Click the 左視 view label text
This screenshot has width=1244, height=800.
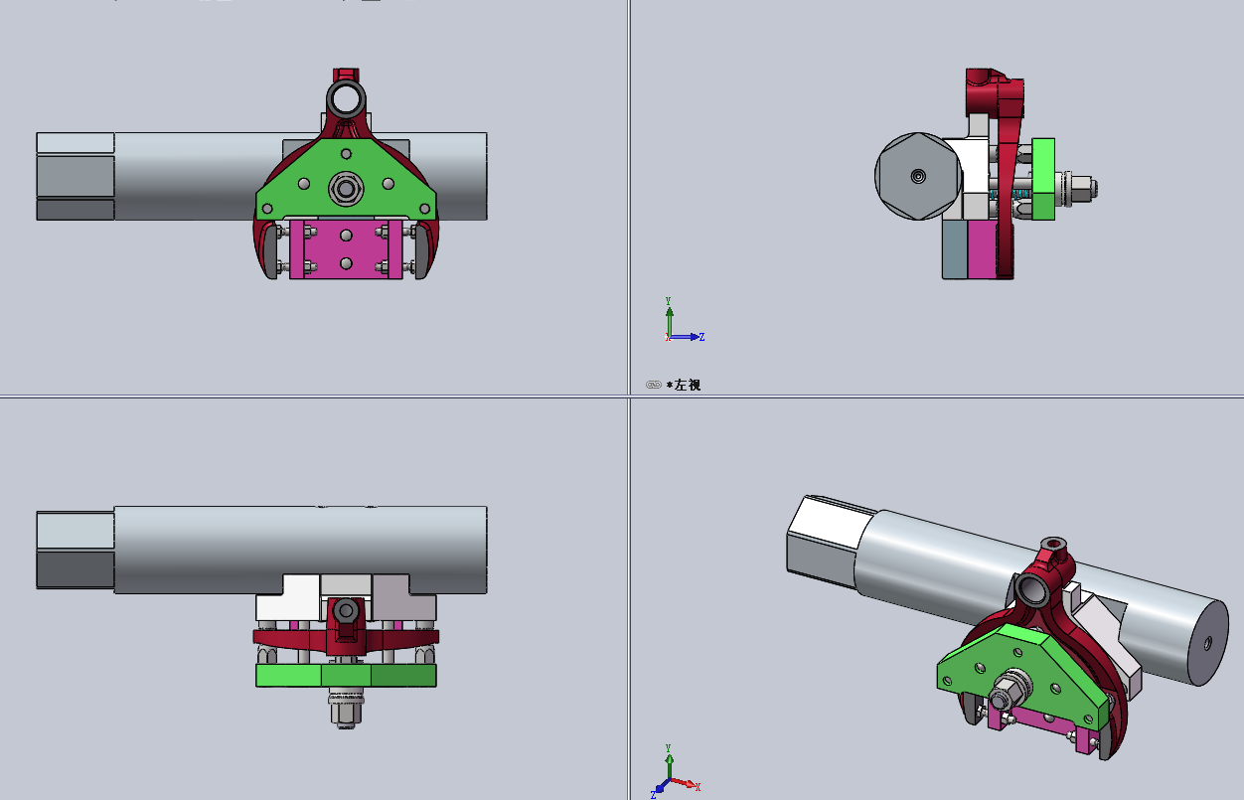687,385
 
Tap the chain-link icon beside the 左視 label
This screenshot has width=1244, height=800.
654,385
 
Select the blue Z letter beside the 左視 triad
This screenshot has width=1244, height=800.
701,338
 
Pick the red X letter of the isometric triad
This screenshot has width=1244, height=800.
698,787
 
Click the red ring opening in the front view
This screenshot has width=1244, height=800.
346,98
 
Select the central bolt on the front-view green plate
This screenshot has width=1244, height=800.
346,187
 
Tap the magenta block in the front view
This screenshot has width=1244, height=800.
346,249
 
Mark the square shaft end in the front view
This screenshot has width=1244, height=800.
76,176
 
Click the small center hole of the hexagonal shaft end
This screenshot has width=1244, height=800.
918,176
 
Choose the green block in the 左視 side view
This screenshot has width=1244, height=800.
1042,179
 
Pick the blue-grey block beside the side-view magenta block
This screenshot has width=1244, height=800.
954,249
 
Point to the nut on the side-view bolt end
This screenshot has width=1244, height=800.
1085,186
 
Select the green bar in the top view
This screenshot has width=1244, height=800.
345,676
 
